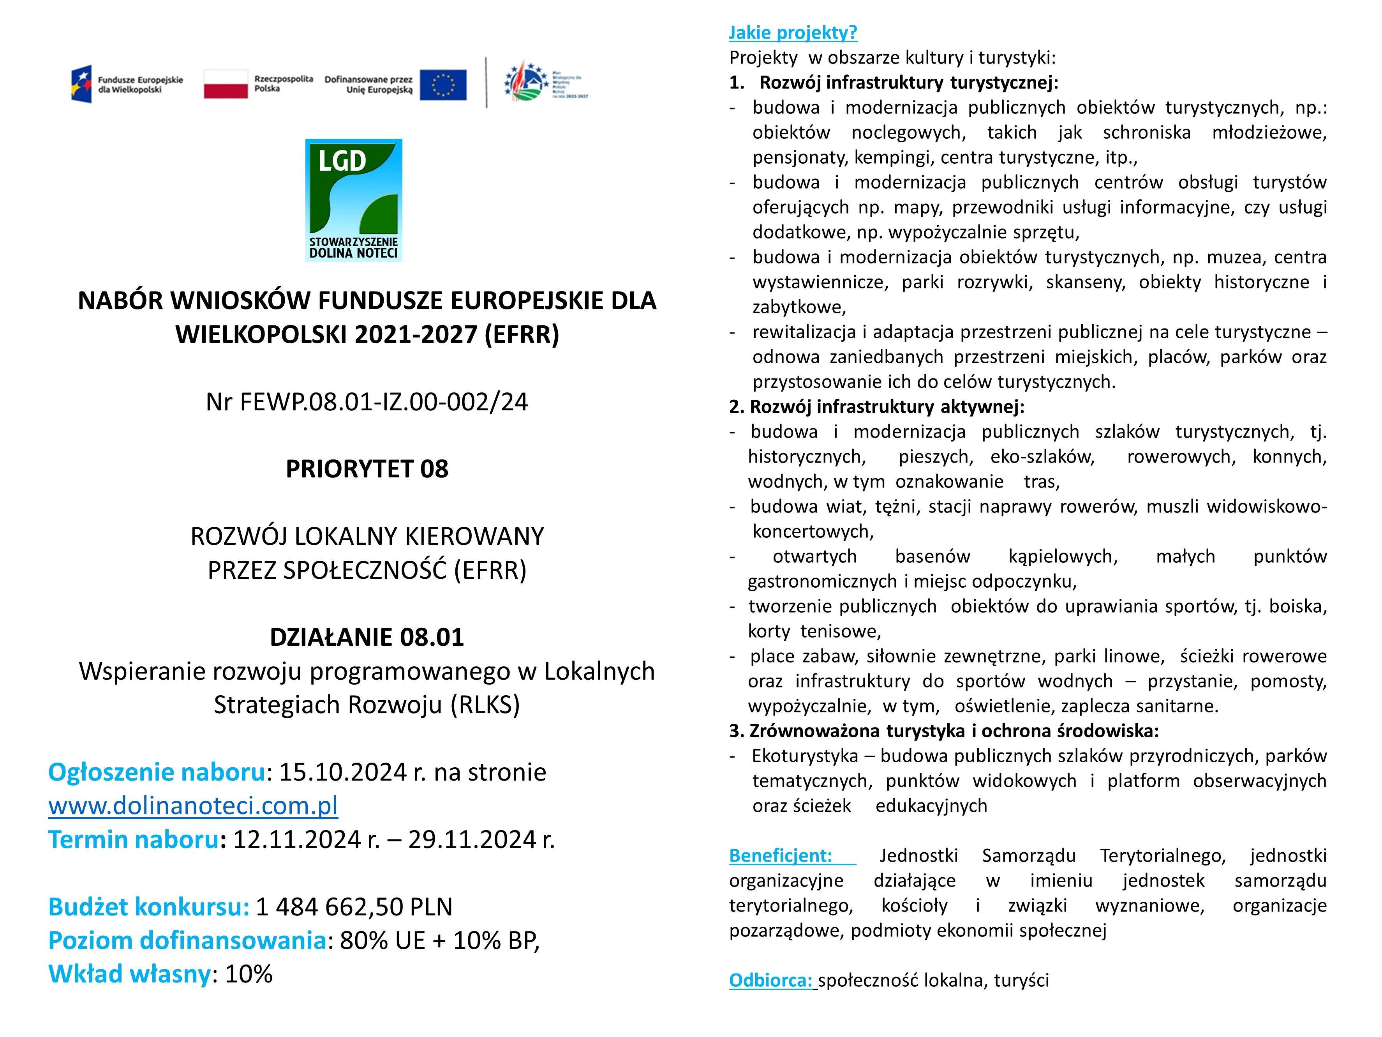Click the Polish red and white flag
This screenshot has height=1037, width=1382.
[226, 85]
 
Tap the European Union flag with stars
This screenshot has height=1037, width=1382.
[443, 85]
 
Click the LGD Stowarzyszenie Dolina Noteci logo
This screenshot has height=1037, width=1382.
[354, 200]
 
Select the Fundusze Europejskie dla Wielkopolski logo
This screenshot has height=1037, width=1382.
[127, 85]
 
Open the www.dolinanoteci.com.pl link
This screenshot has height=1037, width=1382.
[193, 806]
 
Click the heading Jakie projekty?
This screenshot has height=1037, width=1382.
[793, 32]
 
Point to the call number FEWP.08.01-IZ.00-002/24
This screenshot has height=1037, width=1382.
[384, 402]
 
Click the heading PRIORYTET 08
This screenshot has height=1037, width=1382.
[367, 469]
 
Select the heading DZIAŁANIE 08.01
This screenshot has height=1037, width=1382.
[367, 637]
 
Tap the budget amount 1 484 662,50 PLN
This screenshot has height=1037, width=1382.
[354, 907]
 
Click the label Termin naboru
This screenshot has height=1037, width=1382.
[133, 839]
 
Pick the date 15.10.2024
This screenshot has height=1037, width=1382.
[342, 773]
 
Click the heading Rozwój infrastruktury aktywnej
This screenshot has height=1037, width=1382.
[886, 407]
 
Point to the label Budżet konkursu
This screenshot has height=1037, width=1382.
[148, 907]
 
